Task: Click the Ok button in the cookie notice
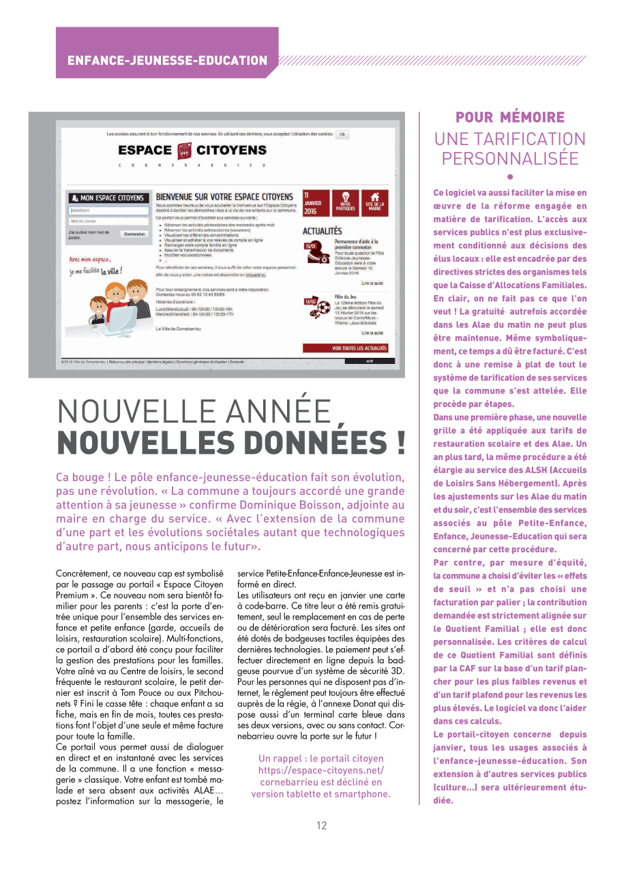click(342, 134)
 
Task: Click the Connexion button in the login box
click(134, 234)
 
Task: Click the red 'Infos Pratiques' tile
click(346, 202)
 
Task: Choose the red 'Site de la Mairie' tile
click(374, 202)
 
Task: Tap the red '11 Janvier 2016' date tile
click(316, 202)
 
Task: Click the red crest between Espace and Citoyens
click(184, 151)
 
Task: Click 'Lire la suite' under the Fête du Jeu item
click(372, 333)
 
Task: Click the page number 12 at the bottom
click(322, 825)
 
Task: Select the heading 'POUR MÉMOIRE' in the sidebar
click(510, 117)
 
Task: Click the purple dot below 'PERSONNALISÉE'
click(510, 177)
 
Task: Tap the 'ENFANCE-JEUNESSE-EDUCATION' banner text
click(167, 61)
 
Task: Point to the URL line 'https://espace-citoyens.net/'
click(321, 770)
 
